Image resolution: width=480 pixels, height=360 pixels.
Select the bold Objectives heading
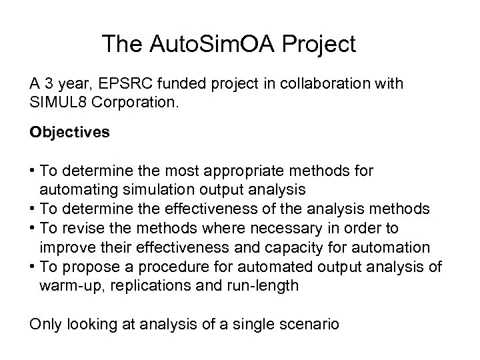pos(69,132)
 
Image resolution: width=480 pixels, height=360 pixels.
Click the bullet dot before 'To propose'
pos(32,267)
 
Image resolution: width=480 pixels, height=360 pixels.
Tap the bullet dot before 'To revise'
pos(32,229)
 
